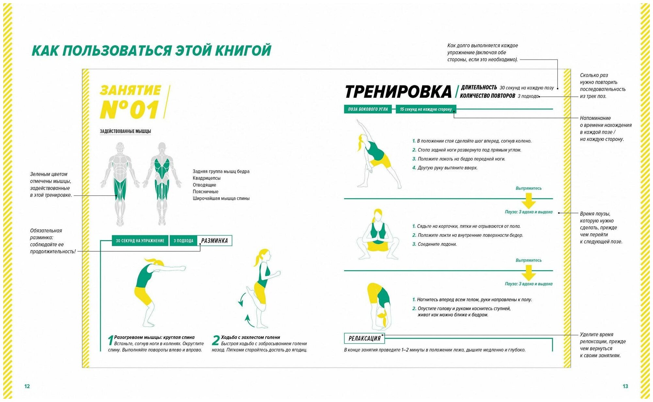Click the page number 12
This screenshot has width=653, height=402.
click(27, 386)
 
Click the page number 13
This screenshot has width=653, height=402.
click(625, 386)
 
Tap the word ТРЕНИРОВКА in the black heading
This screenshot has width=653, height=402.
click(398, 92)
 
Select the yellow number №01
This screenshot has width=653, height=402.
click(130, 109)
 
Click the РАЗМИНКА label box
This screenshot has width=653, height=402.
click(215, 241)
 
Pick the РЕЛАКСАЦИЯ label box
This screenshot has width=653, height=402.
click(364, 339)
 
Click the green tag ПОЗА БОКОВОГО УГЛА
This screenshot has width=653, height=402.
click(368, 109)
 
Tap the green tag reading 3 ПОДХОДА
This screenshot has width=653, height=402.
click(183, 241)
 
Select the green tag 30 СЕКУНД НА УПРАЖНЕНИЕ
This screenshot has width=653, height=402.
click(140, 241)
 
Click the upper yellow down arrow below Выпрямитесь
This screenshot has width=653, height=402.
click(529, 200)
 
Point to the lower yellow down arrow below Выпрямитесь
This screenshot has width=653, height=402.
click(529, 273)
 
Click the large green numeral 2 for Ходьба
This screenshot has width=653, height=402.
click(215, 341)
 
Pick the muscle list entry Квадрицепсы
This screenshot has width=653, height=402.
click(207, 178)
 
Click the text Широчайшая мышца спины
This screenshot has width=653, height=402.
click(221, 198)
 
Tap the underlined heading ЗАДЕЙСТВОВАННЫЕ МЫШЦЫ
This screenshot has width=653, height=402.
click(125, 131)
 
